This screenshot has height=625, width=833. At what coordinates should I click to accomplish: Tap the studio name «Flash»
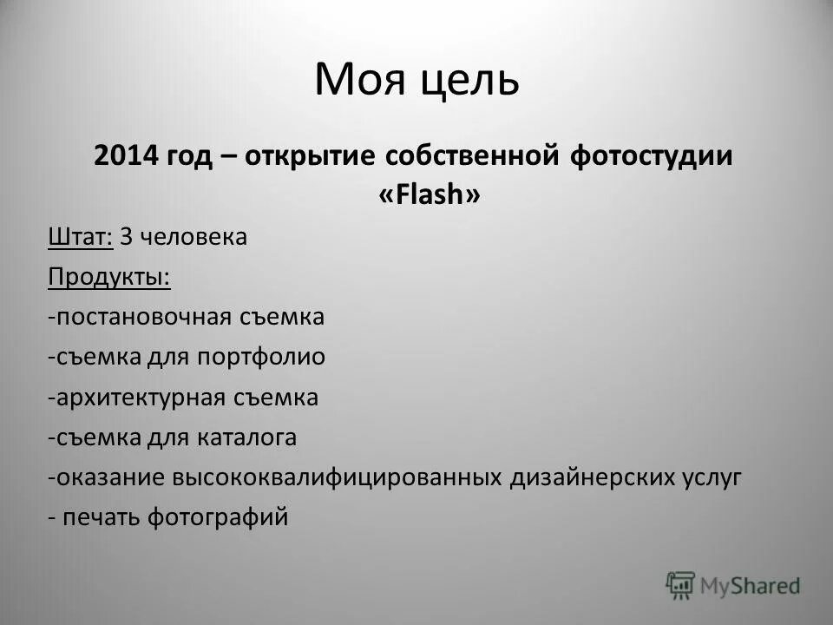(429, 197)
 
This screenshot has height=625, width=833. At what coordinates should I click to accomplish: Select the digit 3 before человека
(126, 237)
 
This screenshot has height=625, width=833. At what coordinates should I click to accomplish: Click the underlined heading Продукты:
(109, 277)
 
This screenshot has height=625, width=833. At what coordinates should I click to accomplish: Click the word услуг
(712, 478)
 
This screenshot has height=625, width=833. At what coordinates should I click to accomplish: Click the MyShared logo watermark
(733, 586)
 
